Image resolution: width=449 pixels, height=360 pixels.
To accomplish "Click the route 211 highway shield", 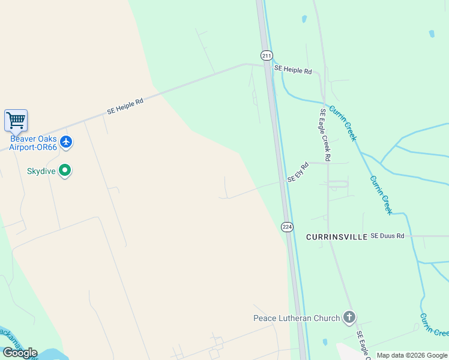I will [267, 55].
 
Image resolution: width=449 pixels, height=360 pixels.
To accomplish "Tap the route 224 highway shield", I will [287, 226].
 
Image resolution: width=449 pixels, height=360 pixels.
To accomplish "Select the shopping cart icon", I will [16, 120].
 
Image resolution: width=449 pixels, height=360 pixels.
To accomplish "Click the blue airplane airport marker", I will [66, 142].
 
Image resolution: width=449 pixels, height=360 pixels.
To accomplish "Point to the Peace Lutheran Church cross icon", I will [349, 317].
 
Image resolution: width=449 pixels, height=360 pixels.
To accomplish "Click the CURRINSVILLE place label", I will [336, 237].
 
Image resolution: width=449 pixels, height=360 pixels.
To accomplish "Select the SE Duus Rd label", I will [387, 236].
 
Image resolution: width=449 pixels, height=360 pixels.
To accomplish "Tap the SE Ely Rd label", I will [297, 172].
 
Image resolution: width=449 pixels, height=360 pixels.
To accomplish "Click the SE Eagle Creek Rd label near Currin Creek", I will [325, 135].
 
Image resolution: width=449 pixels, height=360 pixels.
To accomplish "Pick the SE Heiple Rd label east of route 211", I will [293, 70].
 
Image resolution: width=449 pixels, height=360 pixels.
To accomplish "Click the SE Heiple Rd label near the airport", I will [125, 106].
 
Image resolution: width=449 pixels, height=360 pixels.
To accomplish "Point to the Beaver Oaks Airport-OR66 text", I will [34, 142].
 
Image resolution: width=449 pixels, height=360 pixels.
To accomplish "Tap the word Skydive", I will [41, 171].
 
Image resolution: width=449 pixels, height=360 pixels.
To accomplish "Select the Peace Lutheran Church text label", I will [297, 318].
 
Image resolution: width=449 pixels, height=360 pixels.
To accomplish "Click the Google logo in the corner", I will [20, 352].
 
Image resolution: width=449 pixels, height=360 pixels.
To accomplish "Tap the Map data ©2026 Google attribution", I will [412, 355].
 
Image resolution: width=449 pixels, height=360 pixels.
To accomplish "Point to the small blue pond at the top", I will [304, 19].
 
